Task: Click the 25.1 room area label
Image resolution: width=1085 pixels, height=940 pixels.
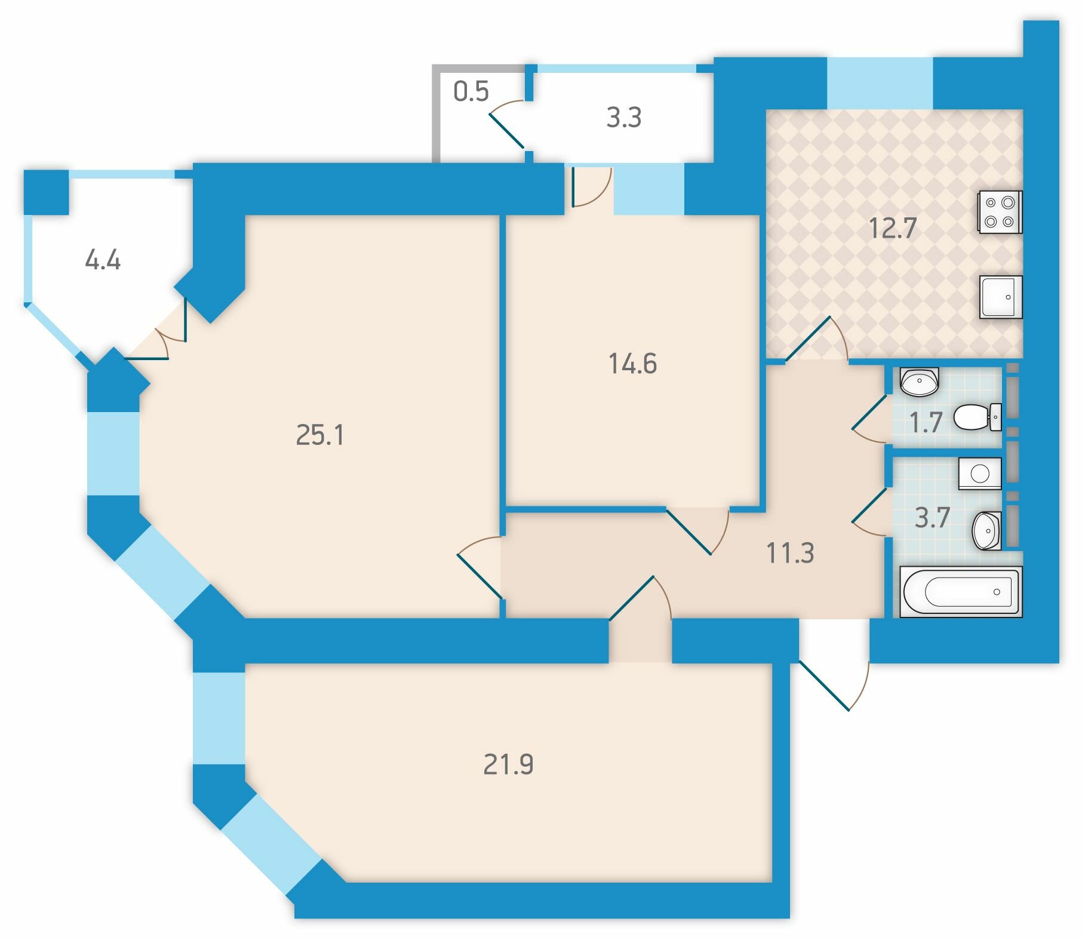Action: (320, 435)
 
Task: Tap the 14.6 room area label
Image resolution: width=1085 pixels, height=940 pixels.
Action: (633, 364)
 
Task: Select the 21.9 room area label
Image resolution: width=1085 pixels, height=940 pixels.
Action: (508, 764)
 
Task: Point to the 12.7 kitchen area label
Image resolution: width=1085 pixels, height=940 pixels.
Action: (893, 228)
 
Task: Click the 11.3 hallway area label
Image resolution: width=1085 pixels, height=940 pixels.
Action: (790, 553)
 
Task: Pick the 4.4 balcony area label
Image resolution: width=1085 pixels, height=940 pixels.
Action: (103, 260)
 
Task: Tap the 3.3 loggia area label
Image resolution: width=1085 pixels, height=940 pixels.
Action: (624, 118)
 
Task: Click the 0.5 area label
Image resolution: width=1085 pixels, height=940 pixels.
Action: (471, 91)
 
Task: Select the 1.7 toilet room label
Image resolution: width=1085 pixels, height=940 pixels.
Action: (926, 423)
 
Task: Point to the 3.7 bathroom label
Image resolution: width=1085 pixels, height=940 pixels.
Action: (932, 518)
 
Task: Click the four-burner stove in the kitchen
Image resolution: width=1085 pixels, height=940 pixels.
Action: (1000, 212)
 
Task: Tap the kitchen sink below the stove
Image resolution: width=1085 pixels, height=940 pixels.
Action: (1001, 297)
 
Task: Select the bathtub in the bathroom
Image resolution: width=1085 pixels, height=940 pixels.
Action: (961, 591)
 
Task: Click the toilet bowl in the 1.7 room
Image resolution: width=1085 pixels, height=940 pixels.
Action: (978, 417)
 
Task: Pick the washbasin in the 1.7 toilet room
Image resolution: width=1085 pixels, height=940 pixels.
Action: (919, 382)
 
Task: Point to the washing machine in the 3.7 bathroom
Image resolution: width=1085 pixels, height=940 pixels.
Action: (980, 474)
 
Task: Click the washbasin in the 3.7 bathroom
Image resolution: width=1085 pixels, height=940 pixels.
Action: (987, 530)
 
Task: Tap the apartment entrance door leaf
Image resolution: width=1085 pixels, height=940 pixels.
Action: (824, 686)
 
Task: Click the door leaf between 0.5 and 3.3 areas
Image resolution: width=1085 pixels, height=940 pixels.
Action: (506, 130)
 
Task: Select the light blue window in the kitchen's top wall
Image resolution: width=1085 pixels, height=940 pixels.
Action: (880, 83)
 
